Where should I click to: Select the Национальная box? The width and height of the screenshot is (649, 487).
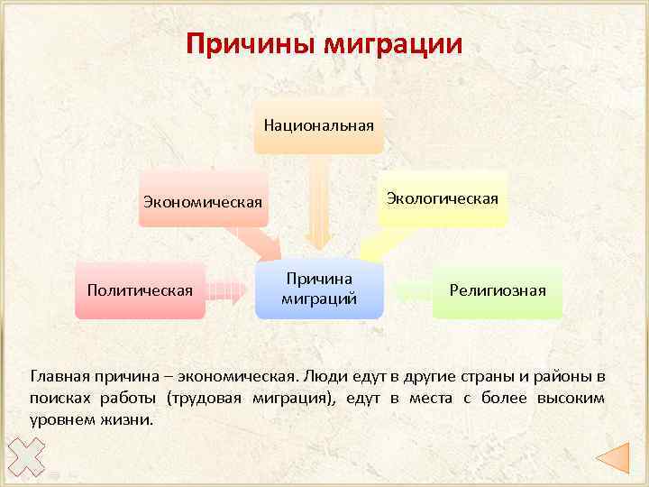click(x=318, y=124)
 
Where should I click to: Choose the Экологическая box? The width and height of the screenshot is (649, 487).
click(x=442, y=198)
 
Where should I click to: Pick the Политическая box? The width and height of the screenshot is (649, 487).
click(x=140, y=290)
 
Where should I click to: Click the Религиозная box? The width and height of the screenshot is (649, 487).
click(x=498, y=290)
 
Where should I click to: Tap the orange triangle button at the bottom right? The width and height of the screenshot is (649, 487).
click(x=612, y=458)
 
